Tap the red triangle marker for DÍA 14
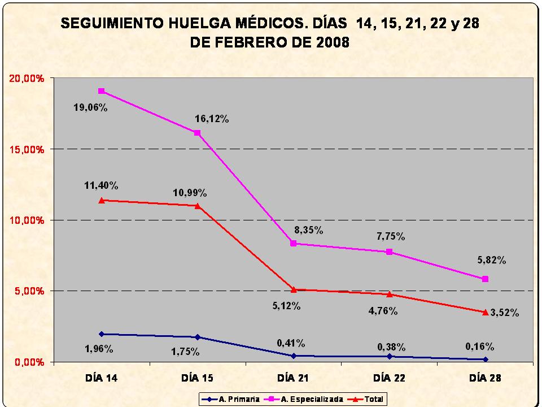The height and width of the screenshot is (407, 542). (x=101, y=200)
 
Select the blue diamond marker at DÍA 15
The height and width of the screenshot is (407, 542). (x=197, y=337)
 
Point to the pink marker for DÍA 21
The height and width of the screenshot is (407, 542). (x=293, y=243)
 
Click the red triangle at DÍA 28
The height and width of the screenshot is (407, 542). (x=485, y=311)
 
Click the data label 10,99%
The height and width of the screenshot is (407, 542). (x=189, y=193)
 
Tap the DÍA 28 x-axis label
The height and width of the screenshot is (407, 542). (x=484, y=378)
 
